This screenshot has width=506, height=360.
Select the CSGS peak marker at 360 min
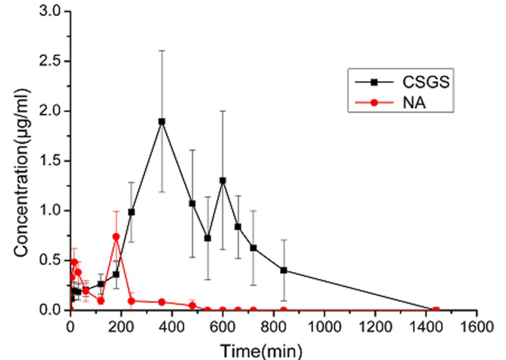pyautogui.click(x=162, y=121)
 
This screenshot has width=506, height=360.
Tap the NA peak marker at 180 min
pyautogui.click(x=116, y=237)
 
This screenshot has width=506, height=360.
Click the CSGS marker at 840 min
pyautogui.click(x=284, y=270)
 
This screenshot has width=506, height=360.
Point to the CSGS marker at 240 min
pyautogui.click(x=131, y=212)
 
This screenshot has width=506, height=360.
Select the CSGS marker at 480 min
pyautogui.click(x=192, y=203)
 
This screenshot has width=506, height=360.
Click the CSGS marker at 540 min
pyautogui.click(x=208, y=238)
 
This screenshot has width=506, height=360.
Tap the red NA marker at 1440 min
pyautogui.click(x=436, y=310)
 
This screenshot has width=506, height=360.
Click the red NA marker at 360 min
pyautogui.click(x=162, y=302)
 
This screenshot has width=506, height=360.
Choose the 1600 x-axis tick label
pyautogui.click(x=476, y=327)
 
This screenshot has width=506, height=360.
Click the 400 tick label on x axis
pyautogui.click(x=172, y=327)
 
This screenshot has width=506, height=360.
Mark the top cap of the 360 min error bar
pyautogui.click(x=162, y=50)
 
